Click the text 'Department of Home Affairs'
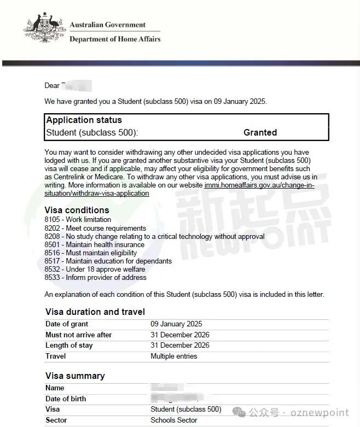tap(115, 39)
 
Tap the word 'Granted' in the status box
tap(260, 132)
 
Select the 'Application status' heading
tap(84, 120)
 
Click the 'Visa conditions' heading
tap(77, 210)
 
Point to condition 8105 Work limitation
tap(78, 220)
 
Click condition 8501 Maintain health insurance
tap(95, 244)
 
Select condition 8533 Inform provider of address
tap(95, 277)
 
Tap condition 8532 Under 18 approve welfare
tap(95, 269)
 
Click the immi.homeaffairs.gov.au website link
tap(259, 185)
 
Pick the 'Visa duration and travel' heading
tap(95, 312)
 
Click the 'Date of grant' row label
tap(67, 324)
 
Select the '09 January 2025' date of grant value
tap(176, 324)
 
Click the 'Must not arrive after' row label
tap(78, 335)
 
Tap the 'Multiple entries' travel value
tap(174, 356)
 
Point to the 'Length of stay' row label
tap(69, 346)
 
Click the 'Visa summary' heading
tap(74, 376)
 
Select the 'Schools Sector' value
tap(174, 420)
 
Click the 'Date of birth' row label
tap(66, 399)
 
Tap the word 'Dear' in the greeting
tap(52, 86)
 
